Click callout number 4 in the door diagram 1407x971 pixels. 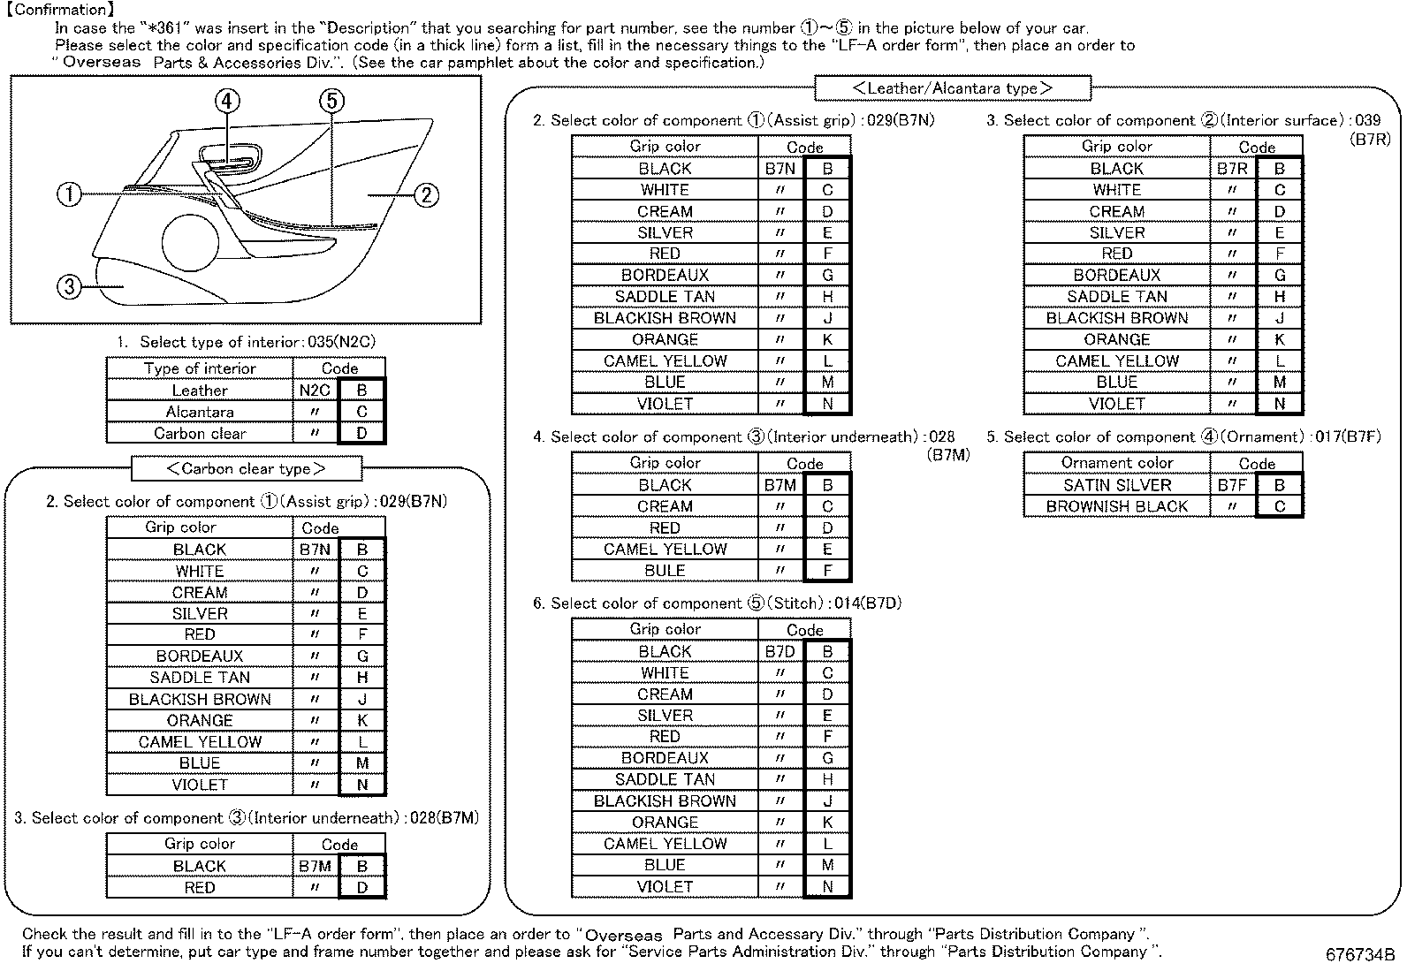coord(227,101)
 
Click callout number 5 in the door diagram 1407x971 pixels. coord(331,101)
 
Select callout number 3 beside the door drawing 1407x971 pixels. coord(70,286)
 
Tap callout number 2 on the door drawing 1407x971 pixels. coord(426,194)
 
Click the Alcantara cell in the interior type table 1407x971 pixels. coord(200,412)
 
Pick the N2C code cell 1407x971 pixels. coord(315,390)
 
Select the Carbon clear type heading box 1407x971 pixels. coord(246,468)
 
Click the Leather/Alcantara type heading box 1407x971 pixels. coord(952,88)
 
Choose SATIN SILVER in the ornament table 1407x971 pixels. coord(1116,485)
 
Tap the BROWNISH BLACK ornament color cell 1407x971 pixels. coord(1116,506)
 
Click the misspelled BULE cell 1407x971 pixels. coord(665,571)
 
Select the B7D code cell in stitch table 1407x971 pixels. coord(780,651)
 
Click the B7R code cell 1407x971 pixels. coord(1232,169)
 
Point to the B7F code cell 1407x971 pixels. coord(1232,485)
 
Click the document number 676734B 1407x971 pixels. coord(1359,955)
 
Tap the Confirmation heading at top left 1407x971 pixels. coord(60,10)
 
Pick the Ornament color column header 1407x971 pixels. coord(1116,463)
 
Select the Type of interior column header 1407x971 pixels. coord(200,368)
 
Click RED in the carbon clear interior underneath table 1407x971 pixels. coord(200,888)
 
